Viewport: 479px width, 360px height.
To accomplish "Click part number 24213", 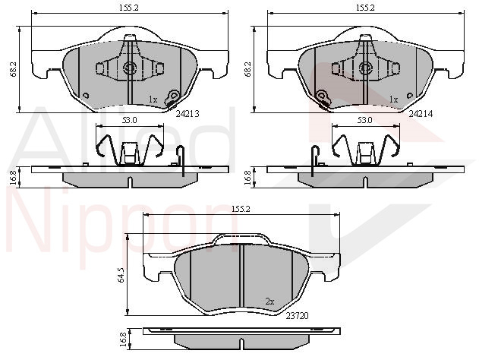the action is pyautogui.click(x=188, y=114).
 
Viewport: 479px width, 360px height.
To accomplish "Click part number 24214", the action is pyautogui.click(x=421, y=114).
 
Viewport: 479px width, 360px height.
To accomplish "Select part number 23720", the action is pyautogui.click(x=298, y=316).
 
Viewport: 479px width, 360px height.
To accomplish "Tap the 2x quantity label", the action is pyautogui.click(x=269, y=302).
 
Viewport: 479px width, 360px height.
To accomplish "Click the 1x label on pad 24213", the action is pyautogui.click(x=153, y=99).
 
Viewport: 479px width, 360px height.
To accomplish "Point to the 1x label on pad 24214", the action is pyautogui.click(x=394, y=99).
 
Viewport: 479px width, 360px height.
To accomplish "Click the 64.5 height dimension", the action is pyautogui.click(x=121, y=275).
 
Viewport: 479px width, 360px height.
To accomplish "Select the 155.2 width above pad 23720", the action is pyautogui.click(x=241, y=209).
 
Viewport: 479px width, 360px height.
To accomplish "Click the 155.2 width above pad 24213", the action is pyautogui.click(x=129, y=8).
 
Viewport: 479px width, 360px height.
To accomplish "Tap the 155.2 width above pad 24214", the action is pyautogui.click(x=365, y=8).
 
